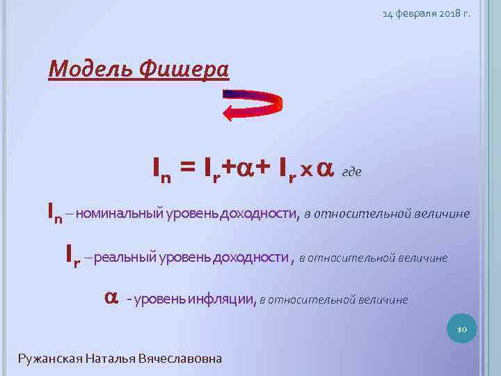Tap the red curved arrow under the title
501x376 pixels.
pyautogui.click(x=254, y=105)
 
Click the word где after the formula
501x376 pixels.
pyautogui.click(x=352, y=171)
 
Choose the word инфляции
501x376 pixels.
pyautogui.click(x=227, y=300)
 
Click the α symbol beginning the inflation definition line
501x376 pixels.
pyautogui.click(x=110, y=297)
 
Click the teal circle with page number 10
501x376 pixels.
pyautogui.click(x=460, y=327)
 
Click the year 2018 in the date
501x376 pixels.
pyautogui.click(x=442, y=13)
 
